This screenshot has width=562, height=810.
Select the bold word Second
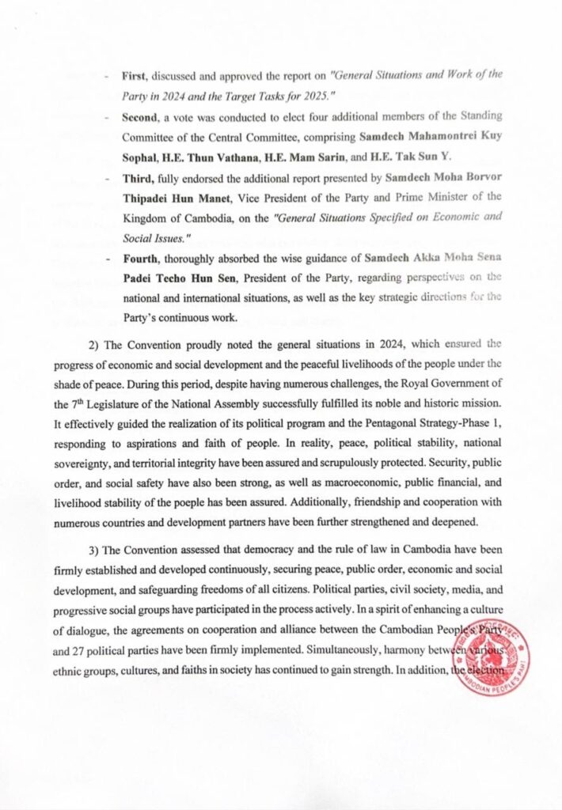point(141,116)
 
